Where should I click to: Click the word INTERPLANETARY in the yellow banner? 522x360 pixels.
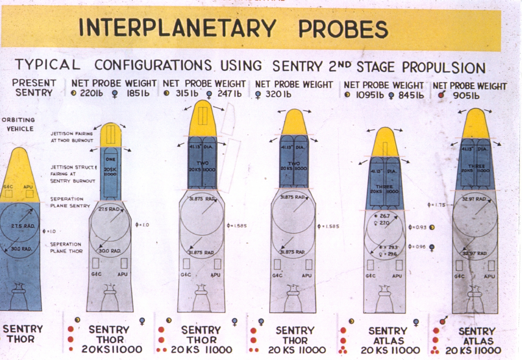177,28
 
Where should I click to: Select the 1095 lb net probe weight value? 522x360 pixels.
369,95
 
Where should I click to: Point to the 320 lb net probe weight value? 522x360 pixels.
276,94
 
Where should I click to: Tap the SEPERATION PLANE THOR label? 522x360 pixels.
66,248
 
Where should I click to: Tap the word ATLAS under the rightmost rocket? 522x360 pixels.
477,341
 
